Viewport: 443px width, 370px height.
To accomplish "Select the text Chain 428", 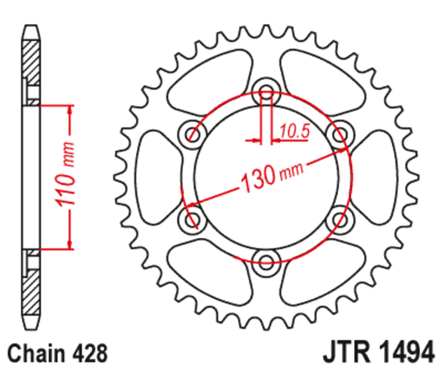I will (x=55, y=352).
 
